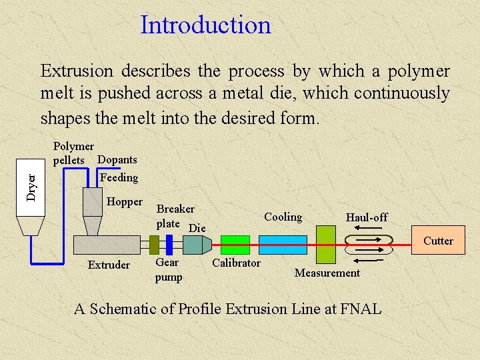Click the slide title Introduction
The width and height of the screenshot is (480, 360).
(x=205, y=25)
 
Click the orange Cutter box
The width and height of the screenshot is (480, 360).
(x=437, y=241)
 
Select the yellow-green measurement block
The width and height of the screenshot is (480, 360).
(x=326, y=245)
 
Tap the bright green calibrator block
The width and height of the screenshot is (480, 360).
(x=235, y=245)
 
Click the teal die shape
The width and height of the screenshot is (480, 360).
(x=193, y=245)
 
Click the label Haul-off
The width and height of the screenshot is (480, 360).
(x=366, y=217)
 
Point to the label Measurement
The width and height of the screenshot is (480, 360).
(x=327, y=273)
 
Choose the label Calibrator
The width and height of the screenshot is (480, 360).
(x=236, y=263)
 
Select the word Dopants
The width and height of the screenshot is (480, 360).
(x=117, y=159)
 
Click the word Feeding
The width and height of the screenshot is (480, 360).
(x=119, y=177)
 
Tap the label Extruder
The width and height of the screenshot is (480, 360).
(x=109, y=265)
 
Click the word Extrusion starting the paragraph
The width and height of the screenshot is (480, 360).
(x=79, y=71)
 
